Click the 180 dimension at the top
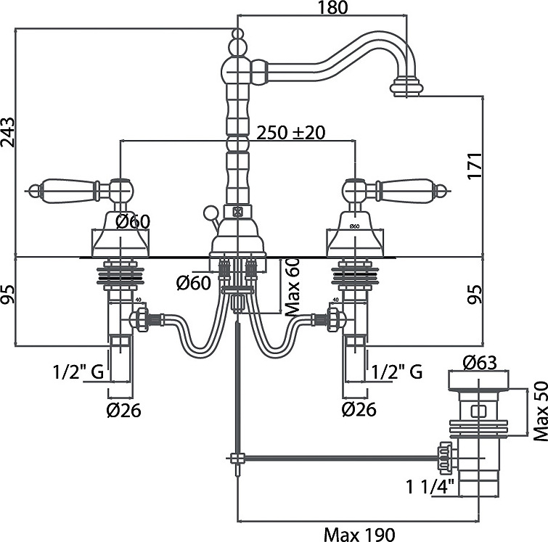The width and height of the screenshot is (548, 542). (x=333, y=7)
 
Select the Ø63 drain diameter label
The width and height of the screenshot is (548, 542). (x=478, y=361)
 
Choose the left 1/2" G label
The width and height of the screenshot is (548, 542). (x=78, y=372)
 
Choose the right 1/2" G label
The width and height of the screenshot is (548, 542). (x=396, y=372)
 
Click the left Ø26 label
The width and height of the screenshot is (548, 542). (x=123, y=411)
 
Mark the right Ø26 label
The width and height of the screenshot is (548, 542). (x=359, y=411)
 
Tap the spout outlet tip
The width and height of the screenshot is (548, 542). (x=406, y=90)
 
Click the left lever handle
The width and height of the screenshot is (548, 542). (x=69, y=191)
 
